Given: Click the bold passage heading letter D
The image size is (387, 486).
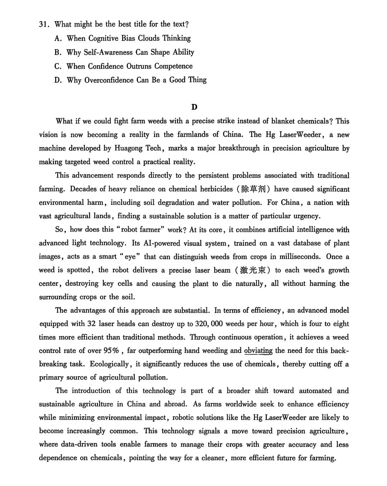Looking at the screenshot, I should [194, 107].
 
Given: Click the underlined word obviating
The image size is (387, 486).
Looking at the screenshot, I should [258, 351].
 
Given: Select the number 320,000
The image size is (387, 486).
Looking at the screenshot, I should [209, 324].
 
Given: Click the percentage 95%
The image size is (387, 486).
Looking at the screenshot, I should [111, 351].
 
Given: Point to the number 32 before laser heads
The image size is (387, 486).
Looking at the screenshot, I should [91, 324].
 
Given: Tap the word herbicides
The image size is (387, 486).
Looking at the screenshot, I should [216, 189].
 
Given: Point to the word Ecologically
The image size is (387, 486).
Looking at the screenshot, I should [110, 364].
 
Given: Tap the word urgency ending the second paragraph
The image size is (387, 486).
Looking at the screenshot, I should [306, 216].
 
